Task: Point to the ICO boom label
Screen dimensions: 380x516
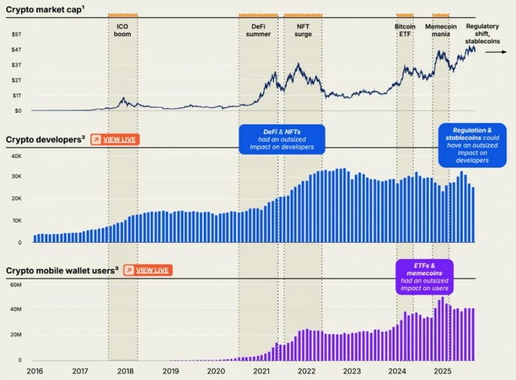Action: coord(123,30)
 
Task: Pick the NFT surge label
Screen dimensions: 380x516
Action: coord(303,30)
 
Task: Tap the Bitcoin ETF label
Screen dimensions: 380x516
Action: coord(405,30)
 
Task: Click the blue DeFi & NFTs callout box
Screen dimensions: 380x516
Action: coord(282,139)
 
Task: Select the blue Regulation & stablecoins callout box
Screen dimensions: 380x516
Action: coord(472,145)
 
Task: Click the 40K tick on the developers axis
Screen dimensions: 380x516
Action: coord(16,156)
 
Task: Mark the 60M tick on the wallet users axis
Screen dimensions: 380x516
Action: coord(16,285)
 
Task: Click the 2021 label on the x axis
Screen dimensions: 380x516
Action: coord(261,371)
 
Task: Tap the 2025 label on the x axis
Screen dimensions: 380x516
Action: coord(442,371)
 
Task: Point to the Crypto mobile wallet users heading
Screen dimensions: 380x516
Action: coord(62,270)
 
